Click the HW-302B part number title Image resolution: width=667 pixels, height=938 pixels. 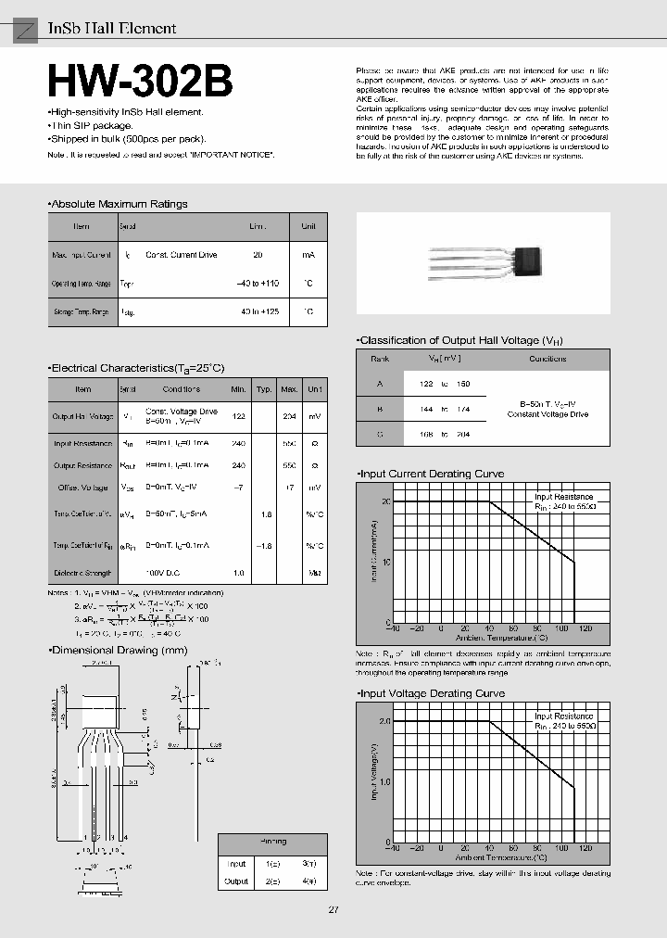pos(140,81)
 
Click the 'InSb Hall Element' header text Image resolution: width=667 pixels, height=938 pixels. pos(111,28)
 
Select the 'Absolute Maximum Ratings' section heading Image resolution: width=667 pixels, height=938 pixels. pos(119,204)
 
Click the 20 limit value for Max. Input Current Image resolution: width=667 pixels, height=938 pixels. pos(258,254)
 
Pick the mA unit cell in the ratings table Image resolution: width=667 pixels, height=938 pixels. pos(308,254)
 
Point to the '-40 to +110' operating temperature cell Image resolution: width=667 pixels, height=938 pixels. pos(258,284)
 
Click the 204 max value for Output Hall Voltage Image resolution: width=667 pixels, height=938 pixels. pos(289,416)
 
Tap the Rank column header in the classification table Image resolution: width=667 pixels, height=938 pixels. pos(380,359)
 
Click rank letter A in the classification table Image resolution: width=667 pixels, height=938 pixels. pos(380,383)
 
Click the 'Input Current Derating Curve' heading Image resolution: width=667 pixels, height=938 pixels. pos(433,474)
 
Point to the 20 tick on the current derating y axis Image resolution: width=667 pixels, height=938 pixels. pos(386,501)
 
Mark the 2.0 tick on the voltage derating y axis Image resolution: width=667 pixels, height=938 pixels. pos(384,720)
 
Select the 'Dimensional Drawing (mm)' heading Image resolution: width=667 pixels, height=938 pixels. pos(119,651)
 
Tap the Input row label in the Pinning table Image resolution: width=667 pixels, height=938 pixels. pos(236,863)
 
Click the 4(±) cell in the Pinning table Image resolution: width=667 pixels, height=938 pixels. pos(309,881)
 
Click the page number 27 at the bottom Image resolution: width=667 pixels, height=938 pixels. pos(333,909)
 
